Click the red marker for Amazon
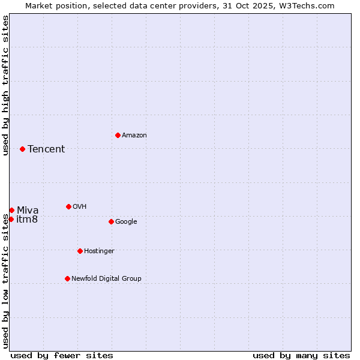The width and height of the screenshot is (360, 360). click(x=118, y=135)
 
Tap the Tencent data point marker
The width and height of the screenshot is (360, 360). click(x=22, y=149)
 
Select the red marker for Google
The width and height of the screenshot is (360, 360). click(x=111, y=221)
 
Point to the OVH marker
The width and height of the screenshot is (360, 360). click(x=68, y=206)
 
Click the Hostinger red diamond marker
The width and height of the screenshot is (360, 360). click(x=80, y=251)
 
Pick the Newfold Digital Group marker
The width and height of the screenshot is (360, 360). click(x=67, y=278)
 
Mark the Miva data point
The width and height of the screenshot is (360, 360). click(x=11, y=210)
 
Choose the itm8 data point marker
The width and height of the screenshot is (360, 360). click(x=11, y=219)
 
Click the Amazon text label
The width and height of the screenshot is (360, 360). click(x=134, y=135)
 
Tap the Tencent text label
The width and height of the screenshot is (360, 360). click(x=46, y=149)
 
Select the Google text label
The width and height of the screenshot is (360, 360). click(x=126, y=221)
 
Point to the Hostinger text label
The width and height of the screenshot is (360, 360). click(x=99, y=251)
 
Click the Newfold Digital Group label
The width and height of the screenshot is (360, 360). click(x=106, y=278)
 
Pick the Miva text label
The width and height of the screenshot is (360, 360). click(x=28, y=210)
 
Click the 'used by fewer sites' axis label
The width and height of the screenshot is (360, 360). click(x=62, y=355)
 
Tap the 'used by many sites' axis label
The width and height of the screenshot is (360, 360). click(x=301, y=355)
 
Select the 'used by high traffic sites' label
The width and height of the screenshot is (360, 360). click(x=5, y=85)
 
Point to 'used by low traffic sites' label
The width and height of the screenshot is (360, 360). click(x=5, y=281)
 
